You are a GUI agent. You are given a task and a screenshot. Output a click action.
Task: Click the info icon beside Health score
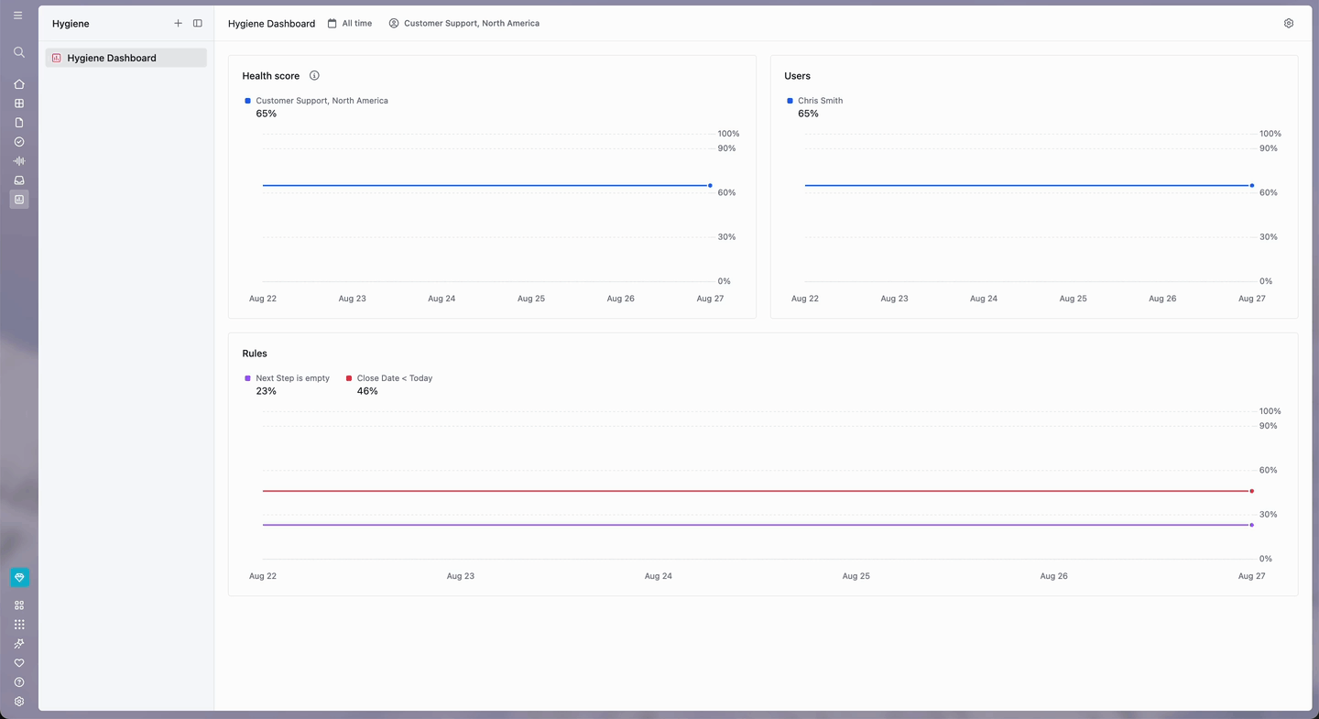pos(314,75)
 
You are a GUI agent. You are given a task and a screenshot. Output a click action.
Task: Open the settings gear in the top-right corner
pos(1289,23)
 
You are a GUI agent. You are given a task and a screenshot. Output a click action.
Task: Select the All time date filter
pos(350,23)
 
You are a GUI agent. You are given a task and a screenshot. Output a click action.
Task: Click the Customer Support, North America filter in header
pos(464,23)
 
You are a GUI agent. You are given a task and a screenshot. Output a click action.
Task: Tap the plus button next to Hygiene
pos(178,23)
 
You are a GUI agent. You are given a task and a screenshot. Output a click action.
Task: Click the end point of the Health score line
pos(710,186)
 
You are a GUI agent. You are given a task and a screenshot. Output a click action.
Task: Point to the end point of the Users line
pos(1252,186)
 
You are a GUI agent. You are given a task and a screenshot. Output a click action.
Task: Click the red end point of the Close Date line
pos(1252,491)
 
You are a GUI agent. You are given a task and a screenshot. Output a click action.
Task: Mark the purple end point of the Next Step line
pos(1252,525)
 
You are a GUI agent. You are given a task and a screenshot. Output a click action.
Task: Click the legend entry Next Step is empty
pos(287,378)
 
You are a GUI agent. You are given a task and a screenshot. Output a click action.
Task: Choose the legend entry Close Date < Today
pos(389,378)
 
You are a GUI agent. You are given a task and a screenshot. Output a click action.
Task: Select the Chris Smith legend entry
pos(815,101)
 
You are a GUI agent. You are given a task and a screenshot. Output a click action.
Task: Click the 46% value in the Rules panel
pos(367,391)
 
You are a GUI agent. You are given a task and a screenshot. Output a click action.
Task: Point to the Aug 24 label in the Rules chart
pos(659,576)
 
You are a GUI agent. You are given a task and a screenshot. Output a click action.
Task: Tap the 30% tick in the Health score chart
pos(726,236)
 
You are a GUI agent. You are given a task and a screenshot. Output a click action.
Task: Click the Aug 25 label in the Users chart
pos(1073,299)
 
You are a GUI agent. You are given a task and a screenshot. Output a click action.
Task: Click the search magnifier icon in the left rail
pos(19,52)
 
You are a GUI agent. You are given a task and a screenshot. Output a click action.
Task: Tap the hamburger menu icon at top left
pos(18,16)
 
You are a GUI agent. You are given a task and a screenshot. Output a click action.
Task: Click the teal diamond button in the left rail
pos(19,577)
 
